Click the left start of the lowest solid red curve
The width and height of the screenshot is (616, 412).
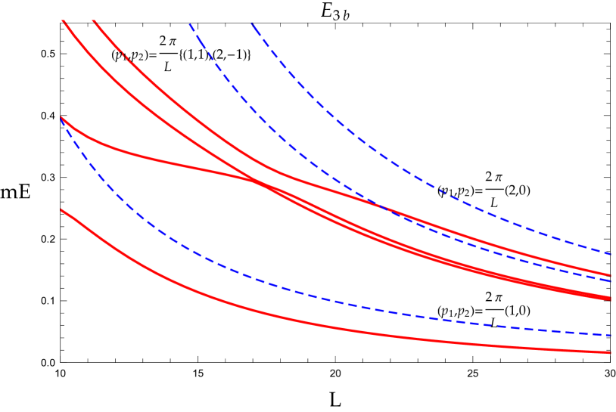click(61, 210)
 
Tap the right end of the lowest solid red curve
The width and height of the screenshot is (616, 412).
click(610, 352)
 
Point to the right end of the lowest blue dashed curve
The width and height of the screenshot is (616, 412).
click(610, 335)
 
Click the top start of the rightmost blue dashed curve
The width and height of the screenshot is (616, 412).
click(252, 24)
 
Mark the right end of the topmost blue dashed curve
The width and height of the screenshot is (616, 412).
click(610, 253)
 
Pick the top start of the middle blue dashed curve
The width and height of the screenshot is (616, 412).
click(190, 24)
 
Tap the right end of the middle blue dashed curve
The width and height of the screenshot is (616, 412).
click(610, 280)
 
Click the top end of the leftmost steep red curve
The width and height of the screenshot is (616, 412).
click(63, 20)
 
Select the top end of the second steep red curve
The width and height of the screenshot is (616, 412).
click(93, 20)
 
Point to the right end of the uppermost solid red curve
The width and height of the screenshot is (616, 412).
click(610, 276)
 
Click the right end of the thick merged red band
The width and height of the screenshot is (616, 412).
click(610, 299)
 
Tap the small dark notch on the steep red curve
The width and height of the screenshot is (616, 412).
click(126, 57)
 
